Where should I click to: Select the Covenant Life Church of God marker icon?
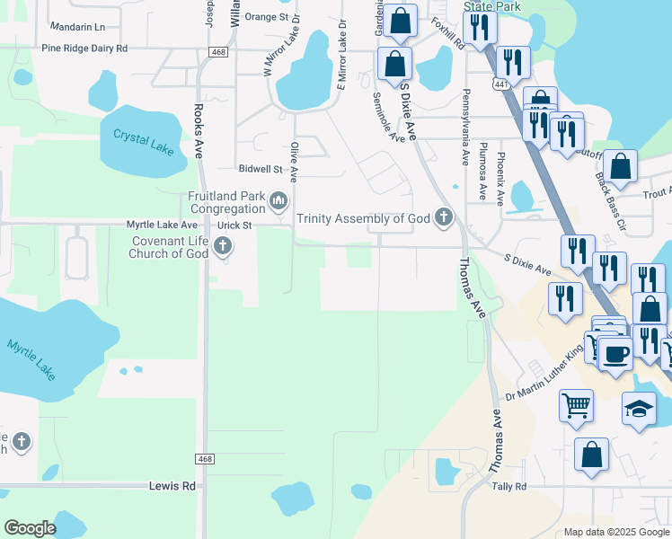click(223, 246)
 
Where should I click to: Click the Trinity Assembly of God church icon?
click(443, 216)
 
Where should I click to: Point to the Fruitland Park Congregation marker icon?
click(279, 199)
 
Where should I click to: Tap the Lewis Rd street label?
click(172, 486)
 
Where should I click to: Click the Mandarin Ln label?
click(77, 28)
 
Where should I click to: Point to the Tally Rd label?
click(508, 486)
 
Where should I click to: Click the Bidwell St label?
click(261, 169)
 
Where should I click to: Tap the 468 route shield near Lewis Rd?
click(205, 459)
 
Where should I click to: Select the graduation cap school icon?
click(639, 409)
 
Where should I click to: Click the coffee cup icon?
click(616, 352)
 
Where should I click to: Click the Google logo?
click(30, 528)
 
